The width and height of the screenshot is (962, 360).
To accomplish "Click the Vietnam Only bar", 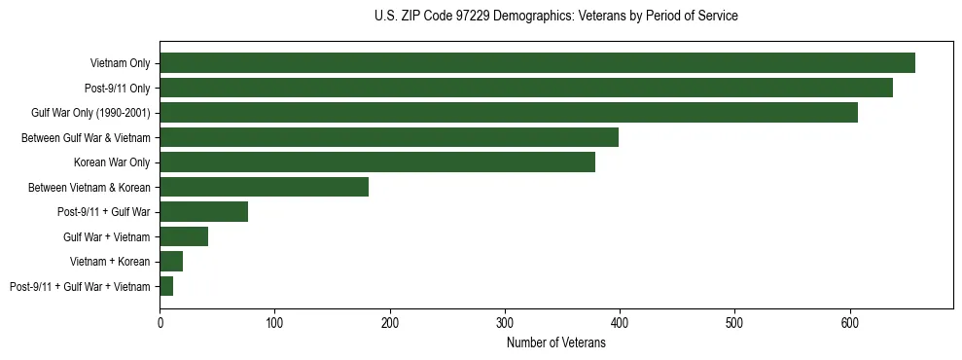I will click(x=537, y=62).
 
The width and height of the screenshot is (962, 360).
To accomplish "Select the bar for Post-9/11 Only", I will click(x=526, y=88).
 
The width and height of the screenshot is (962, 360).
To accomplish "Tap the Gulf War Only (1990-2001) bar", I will click(x=509, y=112).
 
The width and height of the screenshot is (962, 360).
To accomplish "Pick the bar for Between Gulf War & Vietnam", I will click(x=389, y=137).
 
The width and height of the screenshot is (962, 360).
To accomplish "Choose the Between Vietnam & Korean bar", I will click(x=265, y=187).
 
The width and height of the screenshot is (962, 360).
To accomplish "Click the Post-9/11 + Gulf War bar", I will click(x=204, y=211).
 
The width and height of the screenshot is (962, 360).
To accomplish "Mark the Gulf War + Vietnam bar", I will click(x=184, y=236).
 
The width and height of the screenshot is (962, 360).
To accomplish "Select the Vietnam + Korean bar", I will click(x=171, y=261).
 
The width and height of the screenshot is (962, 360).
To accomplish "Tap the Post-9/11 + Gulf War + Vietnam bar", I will click(x=166, y=286).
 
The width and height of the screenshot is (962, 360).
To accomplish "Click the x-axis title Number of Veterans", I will click(x=555, y=342).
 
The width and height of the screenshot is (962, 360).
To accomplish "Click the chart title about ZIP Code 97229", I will click(x=555, y=17).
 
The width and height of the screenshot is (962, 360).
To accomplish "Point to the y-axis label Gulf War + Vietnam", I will click(x=106, y=236).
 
